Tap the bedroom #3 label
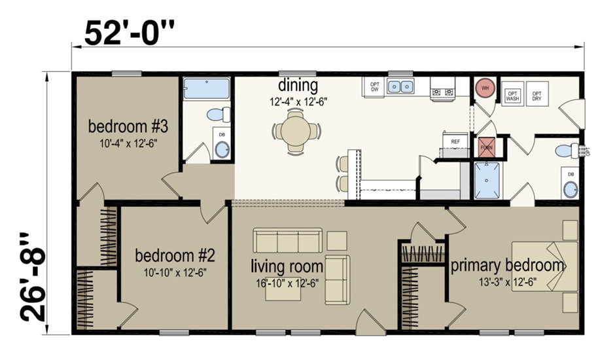click(x=124, y=125)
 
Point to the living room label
click(x=287, y=266)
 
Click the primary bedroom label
click(x=507, y=266)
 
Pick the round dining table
click(x=298, y=130)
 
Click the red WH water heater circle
click(x=485, y=88)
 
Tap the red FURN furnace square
click(x=486, y=147)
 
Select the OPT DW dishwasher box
click(x=374, y=87)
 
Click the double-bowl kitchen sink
click(x=400, y=86)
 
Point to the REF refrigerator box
click(x=455, y=141)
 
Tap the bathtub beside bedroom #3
click(x=207, y=88)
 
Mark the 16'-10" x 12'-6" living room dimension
click(x=288, y=283)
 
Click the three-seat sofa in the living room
click(x=288, y=241)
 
